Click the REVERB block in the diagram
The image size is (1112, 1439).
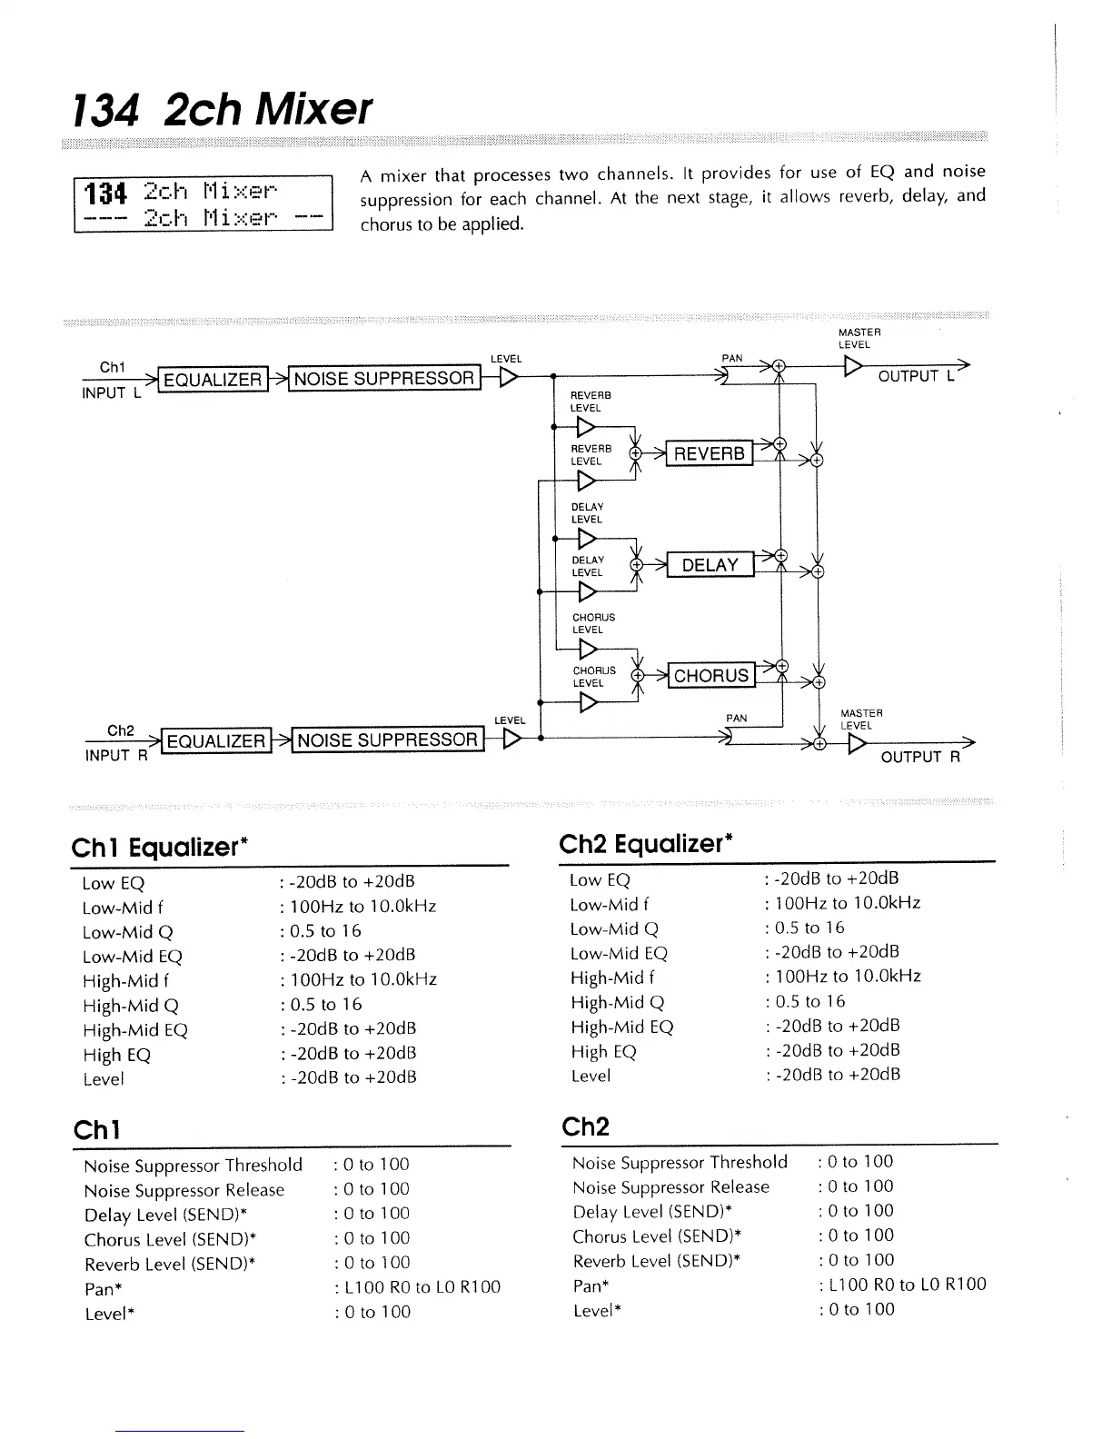pos(709,453)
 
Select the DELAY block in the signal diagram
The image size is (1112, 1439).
pos(710,565)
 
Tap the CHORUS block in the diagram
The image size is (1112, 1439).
pos(710,676)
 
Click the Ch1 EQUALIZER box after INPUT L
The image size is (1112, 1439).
pos(213,380)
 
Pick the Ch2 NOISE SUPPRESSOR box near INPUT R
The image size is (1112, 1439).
pos(387,740)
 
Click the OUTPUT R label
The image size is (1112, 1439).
pos(919,758)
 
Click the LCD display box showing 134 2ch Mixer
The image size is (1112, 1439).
pos(204,205)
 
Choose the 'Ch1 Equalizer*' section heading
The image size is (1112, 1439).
pos(160,848)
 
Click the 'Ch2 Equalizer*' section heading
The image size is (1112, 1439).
pos(646,845)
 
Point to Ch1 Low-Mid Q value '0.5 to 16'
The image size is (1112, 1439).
pos(325,931)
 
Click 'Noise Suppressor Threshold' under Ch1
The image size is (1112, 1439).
pos(193,1166)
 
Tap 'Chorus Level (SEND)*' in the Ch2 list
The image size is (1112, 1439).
pos(657,1236)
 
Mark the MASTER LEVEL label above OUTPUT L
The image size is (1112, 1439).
pos(854,339)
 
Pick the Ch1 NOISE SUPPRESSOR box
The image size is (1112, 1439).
pos(384,379)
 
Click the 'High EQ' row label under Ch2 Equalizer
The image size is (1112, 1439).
pos(603,1052)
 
